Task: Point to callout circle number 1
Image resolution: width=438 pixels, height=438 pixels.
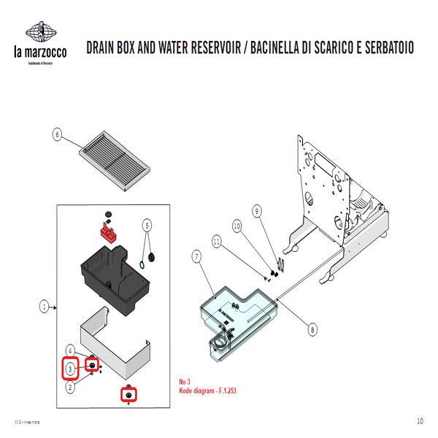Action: (44, 307)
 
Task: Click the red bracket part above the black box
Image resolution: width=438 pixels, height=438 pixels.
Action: (110, 234)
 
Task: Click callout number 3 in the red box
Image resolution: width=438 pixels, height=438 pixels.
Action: (70, 369)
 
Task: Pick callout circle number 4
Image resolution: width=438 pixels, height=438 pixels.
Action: (70, 350)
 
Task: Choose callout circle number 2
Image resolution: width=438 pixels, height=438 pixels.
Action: (70, 388)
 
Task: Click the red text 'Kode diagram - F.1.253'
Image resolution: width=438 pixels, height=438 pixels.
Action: (208, 391)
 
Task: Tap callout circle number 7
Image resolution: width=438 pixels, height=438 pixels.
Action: (197, 256)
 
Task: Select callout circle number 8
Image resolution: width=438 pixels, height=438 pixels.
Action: (312, 329)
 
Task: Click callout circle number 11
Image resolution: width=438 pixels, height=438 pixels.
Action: (216, 240)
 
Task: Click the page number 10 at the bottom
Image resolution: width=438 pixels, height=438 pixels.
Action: (420, 421)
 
